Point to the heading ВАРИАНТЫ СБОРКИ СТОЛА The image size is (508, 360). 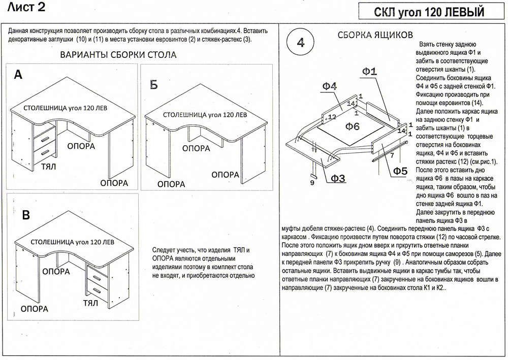118,55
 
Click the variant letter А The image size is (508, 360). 18,75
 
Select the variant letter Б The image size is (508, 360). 153,85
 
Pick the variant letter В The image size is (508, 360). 25,216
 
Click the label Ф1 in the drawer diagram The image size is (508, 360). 369,72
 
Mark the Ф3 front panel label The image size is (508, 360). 338,178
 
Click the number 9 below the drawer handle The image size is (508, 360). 311,182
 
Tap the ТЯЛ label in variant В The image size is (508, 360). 90,303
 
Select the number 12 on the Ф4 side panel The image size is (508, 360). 332,117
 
